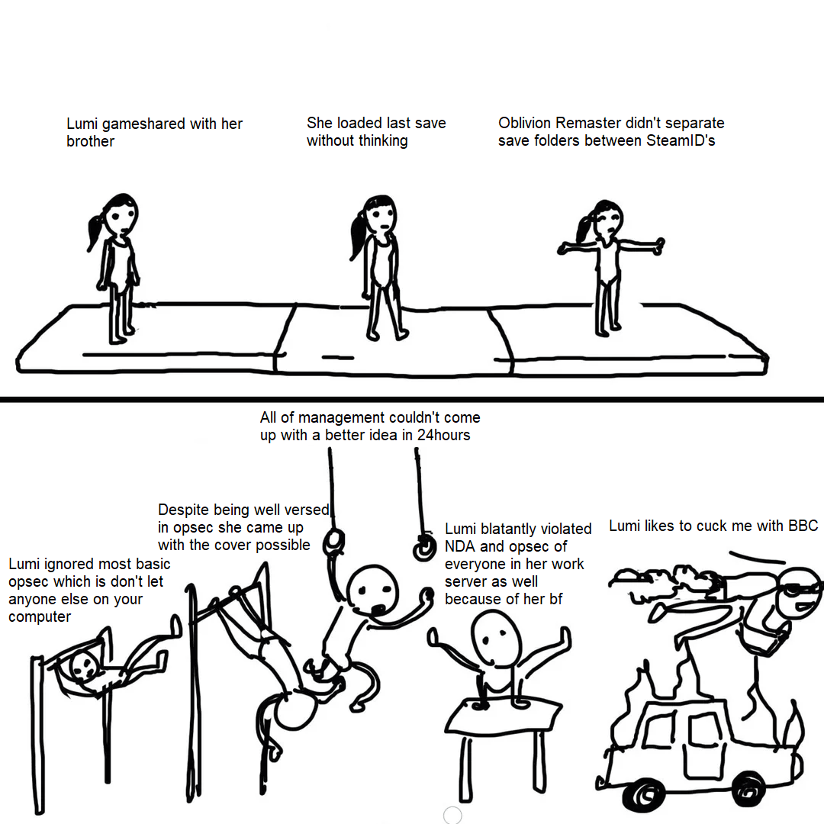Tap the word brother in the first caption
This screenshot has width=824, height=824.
[90, 141]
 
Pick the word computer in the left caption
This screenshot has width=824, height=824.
[40, 617]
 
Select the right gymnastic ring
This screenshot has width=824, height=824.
[424, 548]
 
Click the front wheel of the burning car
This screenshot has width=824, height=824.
[748, 788]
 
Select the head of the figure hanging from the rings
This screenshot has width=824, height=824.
[372, 591]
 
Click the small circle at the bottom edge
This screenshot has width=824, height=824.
[452, 815]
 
